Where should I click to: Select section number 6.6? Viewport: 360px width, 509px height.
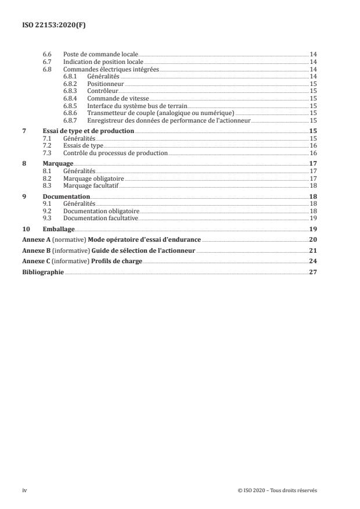48,54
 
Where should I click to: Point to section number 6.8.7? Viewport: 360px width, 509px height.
70,120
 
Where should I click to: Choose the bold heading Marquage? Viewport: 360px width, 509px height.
57,164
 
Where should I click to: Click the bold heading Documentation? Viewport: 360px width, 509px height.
67,197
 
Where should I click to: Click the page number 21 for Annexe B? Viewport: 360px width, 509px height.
312,250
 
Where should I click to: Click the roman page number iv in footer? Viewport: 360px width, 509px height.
24,490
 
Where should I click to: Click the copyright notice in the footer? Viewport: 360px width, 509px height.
278,490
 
